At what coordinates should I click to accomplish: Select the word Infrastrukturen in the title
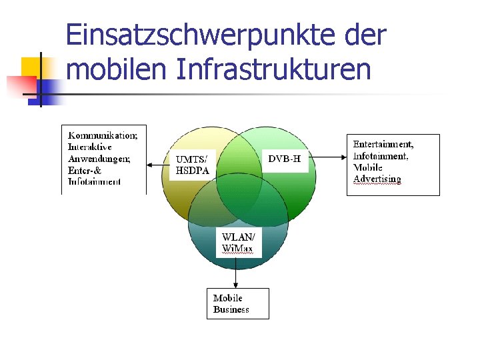pyautogui.click(x=274, y=69)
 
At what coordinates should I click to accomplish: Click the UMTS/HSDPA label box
pyautogui.click(x=193, y=165)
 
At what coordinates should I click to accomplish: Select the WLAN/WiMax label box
pyautogui.click(x=238, y=243)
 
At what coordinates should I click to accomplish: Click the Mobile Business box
pyautogui.click(x=237, y=303)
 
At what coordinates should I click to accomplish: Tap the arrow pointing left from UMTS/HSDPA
pyautogui.click(x=158, y=165)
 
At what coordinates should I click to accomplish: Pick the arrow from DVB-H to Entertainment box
pyautogui.click(x=329, y=158)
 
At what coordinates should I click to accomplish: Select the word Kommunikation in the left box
pyautogui.click(x=103, y=135)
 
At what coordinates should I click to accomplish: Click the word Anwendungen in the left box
pyautogui.click(x=99, y=159)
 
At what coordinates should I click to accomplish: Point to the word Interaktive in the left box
pyautogui.click(x=90, y=147)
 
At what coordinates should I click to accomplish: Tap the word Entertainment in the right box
pyautogui.click(x=383, y=144)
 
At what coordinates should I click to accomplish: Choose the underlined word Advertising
pyautogui.click(x=377, y=179)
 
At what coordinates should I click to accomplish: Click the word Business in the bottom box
pyautogui.click(x=231, y=309)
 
